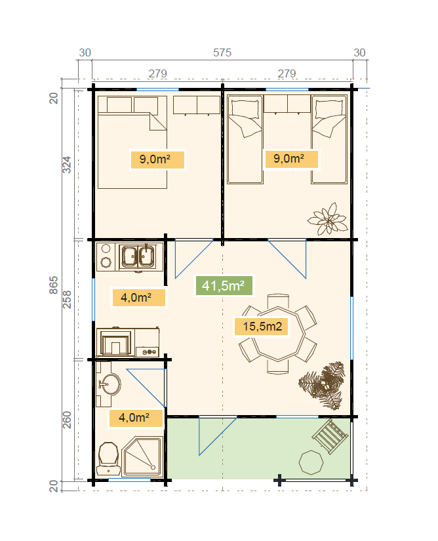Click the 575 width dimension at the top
(222, 53)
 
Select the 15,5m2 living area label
(262, 326)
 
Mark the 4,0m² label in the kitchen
(136, 298)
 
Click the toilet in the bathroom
(108, 458)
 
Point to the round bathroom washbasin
(110, 386)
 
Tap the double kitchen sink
(138, 256)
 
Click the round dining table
(278, 334)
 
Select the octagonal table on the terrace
(311, 462)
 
